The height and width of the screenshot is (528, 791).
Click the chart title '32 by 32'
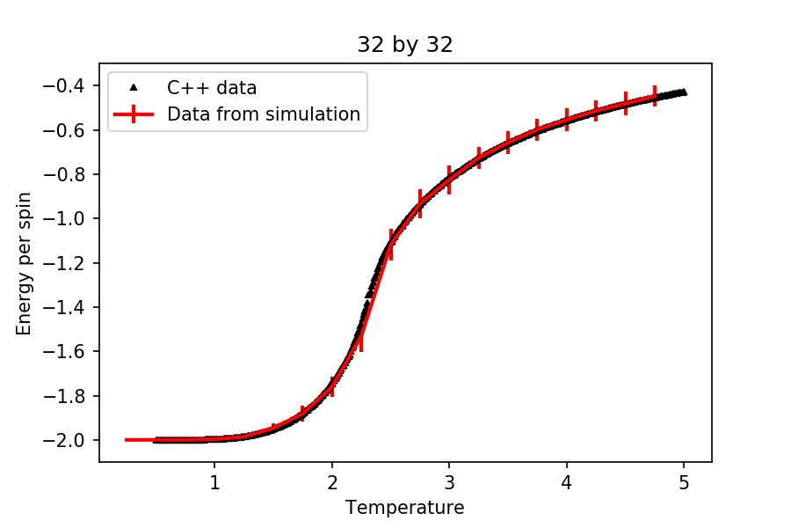pyautogui.click(x=404, y=45)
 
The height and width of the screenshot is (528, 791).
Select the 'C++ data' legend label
pyautogui.click(x=212, y=88)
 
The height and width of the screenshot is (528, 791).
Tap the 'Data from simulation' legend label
pyautogui.click(x=264, y=114)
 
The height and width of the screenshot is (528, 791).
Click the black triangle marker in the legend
pyautogui.click(x=134, y=87)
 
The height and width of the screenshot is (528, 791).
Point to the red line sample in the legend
pyautogui.click(x=134, y=114)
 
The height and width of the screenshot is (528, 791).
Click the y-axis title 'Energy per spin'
pyautogui.click(x=24, y=263)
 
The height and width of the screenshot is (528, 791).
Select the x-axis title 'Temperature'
pyautogui.click(x=404, y=508)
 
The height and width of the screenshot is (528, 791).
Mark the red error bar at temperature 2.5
pyautogui.click(x=390, y=244)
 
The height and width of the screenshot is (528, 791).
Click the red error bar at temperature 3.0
pyautogui.click(x=449, y=180)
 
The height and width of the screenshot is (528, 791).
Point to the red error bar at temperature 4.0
pyautogui.click(x=567, y=119)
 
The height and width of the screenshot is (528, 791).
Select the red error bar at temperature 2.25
pyautogui.click(x=361, y=338)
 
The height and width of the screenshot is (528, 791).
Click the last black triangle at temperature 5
pyautogui.click(x=684, y=92)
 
